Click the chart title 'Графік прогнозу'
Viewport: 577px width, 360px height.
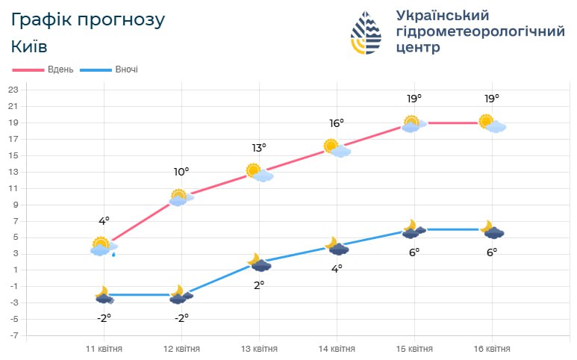coord(87,20)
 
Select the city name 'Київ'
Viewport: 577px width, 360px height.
coord(30,46)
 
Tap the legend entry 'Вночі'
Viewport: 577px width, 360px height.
coord(126,70)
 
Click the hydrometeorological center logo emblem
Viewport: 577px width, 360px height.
coord(370,33)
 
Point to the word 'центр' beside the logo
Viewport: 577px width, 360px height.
coord(417,48)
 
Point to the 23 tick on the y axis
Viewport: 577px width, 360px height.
coord(13,90)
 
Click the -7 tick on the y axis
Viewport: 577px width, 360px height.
coord(13,335)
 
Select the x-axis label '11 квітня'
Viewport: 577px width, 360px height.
coord(104,349)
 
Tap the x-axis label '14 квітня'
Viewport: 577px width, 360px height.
coord(337,349)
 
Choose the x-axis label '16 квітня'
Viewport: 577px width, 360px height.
coord(492,349)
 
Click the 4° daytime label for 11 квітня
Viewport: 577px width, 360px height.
coord(104,221)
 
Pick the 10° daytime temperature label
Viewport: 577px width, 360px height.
coord(181,172)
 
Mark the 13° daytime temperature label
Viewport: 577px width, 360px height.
coord(259,147)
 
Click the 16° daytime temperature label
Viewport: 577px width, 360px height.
coord(337,122)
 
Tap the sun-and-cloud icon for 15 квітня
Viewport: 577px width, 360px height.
coord(414,124)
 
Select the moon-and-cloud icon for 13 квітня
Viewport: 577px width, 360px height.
coord(259,263)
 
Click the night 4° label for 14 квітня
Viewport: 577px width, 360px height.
coord(337,268)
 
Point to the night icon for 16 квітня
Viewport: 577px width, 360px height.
coord(492,230)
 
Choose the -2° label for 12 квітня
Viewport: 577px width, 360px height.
coord(181,317)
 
